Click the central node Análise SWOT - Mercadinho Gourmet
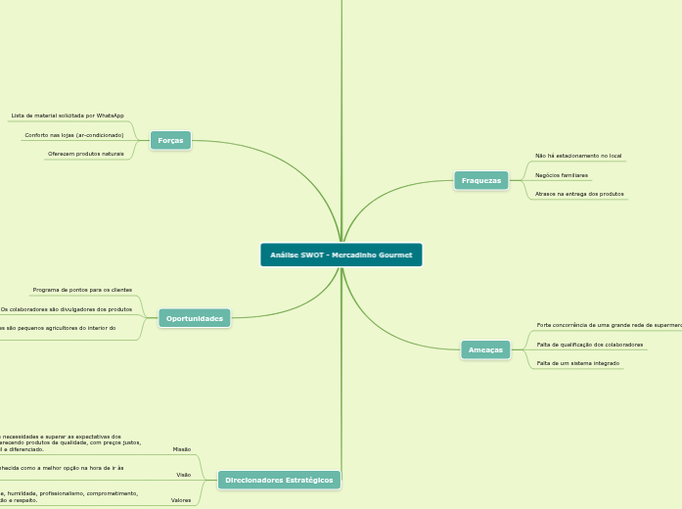tap(341, 255)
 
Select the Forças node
tap(170, 141)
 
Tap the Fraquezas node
tap(480, 180)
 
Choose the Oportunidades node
tap(195, 318)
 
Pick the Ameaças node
tap(485, 349)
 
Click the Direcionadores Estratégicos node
tap(279, 481)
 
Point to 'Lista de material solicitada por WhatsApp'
tap(68, 116)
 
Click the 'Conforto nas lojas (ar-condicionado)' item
tap(74, 135)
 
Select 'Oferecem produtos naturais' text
tap(86, 154)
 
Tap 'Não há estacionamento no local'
tap(578, 156)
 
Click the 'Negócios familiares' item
tap(562, 175)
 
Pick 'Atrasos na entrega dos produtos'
tap(579, 194)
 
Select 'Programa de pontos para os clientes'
tap(82, 290)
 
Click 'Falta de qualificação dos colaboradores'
tap(590, 345)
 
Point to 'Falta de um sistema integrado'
tap(578, 363)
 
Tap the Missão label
tap(182, 449)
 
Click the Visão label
tap(183, 475)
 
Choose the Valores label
tap(181, 500)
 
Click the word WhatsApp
tap(110, 116)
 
